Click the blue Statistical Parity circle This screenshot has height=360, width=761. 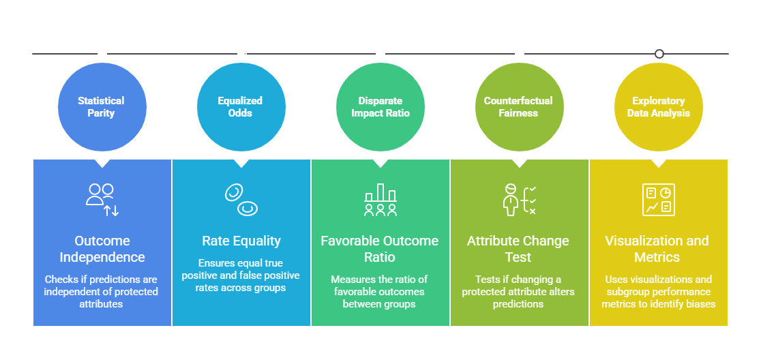[102, 107]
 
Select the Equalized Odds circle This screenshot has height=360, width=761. [241, 107]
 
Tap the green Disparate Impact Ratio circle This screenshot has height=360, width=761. [380, 107]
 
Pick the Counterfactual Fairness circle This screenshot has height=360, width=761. [520, 107]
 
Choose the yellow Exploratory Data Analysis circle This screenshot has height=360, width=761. [659, 107]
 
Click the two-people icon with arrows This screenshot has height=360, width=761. [102, 200]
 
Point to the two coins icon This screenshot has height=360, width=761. [241, 200]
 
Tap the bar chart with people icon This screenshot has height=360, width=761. [380, 200]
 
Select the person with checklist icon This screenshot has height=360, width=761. [520, 200]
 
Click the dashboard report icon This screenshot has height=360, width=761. [659, 200]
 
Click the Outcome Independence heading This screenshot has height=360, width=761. [102, 249]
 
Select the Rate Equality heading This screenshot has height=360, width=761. [241, 241]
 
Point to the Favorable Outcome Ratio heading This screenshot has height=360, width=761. [380, 249]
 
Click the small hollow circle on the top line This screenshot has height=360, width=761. [659, 54]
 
